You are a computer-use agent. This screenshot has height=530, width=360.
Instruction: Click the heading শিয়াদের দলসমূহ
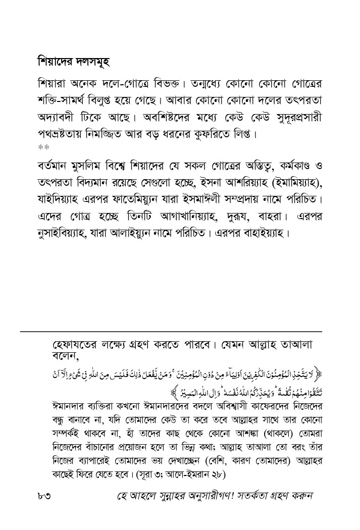tap(74, 63)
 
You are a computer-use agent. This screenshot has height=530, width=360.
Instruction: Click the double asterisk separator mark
tap(41, 148)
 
